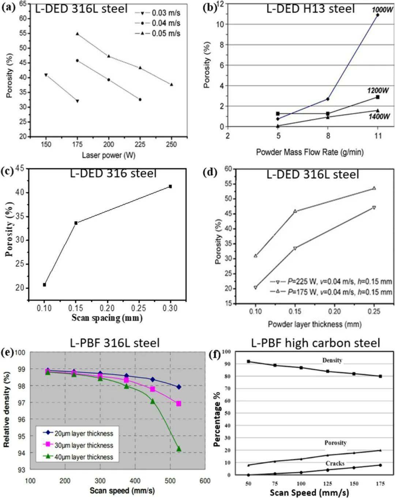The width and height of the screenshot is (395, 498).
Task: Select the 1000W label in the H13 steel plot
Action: pyautogui.click(x=383, y=10)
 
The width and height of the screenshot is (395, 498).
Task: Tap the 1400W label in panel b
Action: pyautogui.click(x=379, y=117)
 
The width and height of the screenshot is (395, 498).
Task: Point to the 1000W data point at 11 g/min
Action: pyautogui.click(x=377, y=15)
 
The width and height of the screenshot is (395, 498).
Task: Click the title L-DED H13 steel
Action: pyautogui.click(x=311, y=9)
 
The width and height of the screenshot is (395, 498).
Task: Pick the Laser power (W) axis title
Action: pyautogui.click(x=109, y=155)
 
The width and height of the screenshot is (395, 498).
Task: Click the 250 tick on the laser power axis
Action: pyautogui.click(x=171, y=144)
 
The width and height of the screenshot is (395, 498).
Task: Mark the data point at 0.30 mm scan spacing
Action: pyautogui.click(x=170, y=187)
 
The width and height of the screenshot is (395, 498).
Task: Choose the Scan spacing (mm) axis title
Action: pyautogui.click(x=107, y=318)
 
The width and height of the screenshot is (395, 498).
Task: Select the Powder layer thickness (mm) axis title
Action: pyautogui.click(x=315, y=324)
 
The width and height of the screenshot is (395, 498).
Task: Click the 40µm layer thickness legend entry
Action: pyautogui.click(x=79, y=457)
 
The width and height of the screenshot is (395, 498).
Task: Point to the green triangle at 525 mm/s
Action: pyautogui.click(x=179, y=449)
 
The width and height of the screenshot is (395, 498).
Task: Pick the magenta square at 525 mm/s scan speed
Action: pyautogui.click(x=178, y=404)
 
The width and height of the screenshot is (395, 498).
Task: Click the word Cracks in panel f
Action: pyautogui.click(x=335, y=463)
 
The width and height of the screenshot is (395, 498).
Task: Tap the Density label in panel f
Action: pyautogui.click(x=332, y=360)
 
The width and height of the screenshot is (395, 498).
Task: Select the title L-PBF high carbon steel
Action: pyautogui.click(x=316, y=343)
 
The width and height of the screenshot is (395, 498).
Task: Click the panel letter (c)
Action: pyautogui.click(x=7, y=171)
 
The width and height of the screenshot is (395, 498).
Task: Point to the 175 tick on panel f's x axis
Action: pyautogui.click(x=380, y=484)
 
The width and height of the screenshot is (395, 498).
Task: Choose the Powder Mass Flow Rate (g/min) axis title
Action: pyautogui.click(x=310, y=152)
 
